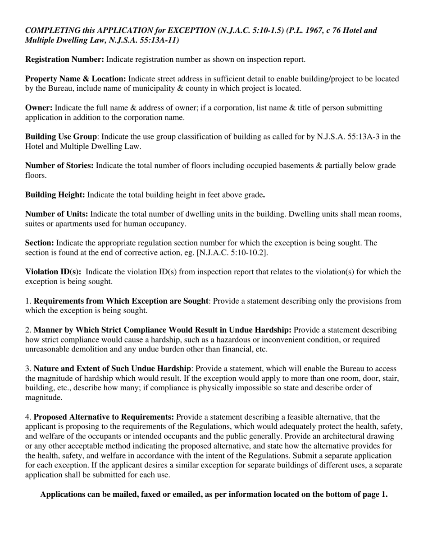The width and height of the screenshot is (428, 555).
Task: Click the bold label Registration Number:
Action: (64, 60)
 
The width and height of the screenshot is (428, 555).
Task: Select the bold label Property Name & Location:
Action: (76, 79)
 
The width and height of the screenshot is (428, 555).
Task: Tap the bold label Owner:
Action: (39, 108)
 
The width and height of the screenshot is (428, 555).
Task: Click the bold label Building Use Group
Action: (61, 137)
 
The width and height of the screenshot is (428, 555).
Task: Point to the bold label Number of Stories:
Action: (59, 166)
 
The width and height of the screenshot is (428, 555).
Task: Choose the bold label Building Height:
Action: (55, 195)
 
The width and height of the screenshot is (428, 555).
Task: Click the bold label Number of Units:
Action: (57, 214)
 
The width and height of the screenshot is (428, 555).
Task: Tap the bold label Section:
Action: (40, 243)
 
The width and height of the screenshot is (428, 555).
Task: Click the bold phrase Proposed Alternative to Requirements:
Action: (104, 416)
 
